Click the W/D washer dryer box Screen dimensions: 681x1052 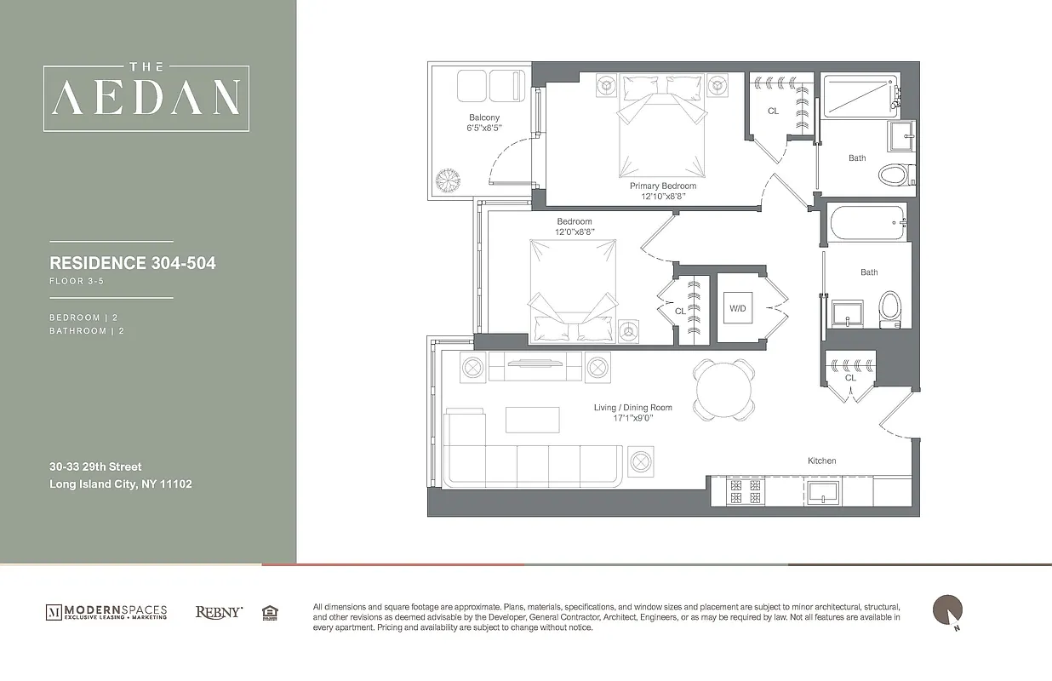(737, 308)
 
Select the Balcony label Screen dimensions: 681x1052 (483, 117)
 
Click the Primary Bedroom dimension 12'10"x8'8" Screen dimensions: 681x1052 (663, 196)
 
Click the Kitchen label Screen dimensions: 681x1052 (821, 461)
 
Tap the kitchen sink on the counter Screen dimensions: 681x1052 (823, 491)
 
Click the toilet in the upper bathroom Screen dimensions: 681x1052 (893, 175)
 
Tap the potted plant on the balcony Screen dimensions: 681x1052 (447, 180)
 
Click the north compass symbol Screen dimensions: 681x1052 (948, 610)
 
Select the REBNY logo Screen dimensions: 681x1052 (219, 612)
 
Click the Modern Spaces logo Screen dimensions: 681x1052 (106, 612)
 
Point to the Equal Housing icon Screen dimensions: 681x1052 (270, 612)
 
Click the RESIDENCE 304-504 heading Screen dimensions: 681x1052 (133, 263)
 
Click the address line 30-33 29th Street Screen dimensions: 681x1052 (95, 466)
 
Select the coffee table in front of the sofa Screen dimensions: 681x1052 (533, 420)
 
